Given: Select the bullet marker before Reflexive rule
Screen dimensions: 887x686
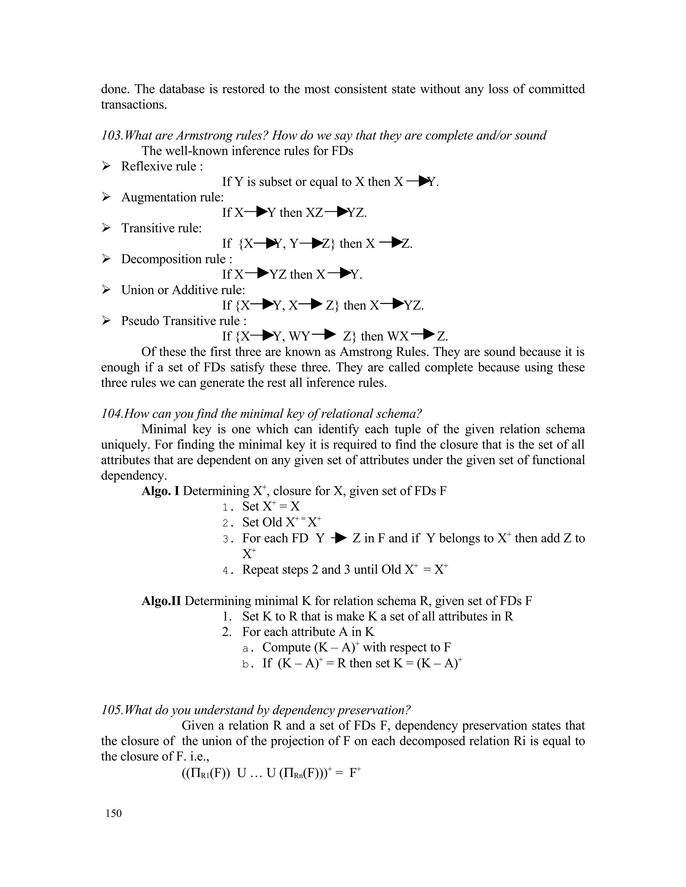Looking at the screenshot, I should [106, 166].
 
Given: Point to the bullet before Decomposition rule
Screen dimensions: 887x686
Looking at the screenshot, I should [106, 259].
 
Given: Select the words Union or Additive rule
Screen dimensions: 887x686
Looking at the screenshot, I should [183, 290].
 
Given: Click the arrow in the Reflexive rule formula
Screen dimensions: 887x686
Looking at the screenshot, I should [418, 181].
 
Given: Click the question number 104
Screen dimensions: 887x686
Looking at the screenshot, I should [111, 414].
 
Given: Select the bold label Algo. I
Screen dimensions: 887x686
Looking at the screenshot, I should [160, 491].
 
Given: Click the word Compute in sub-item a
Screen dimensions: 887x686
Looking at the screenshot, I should [286, 647].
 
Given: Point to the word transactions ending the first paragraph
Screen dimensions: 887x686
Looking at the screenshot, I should [133, 105].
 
